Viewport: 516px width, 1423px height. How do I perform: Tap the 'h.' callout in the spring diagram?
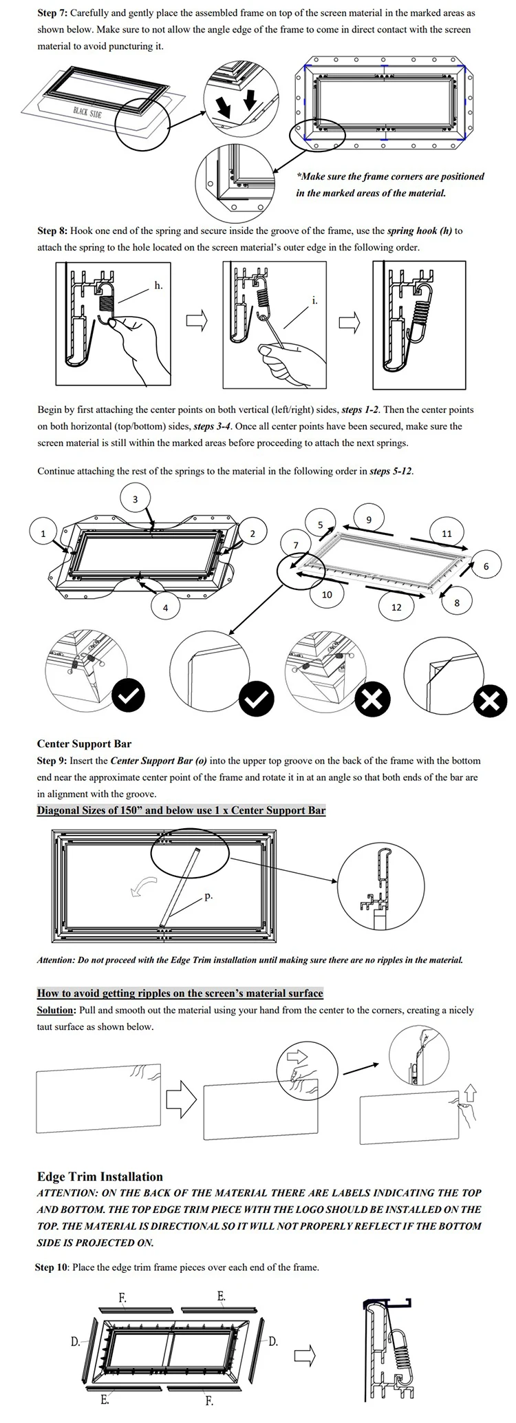158,285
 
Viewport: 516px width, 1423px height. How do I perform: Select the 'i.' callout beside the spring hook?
315,301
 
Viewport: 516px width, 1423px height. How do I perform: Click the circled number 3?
135,499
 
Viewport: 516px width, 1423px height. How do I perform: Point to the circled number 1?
43,533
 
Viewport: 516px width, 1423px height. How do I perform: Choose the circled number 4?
165,607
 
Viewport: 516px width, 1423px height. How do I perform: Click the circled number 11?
447,533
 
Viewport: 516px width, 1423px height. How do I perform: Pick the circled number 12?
396,607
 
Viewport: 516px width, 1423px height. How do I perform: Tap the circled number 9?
369,519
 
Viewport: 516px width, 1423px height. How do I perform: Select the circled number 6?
486,566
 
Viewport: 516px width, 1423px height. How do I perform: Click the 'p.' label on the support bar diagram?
208,896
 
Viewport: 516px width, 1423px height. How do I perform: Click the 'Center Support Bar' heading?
84,744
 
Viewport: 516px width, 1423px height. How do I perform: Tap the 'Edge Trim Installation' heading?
100,1177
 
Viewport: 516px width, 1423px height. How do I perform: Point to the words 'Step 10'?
51,1267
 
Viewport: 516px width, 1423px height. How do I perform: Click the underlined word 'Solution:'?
55,1010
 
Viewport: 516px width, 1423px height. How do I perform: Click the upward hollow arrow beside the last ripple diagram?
471,1092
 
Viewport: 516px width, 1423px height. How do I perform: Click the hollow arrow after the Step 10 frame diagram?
304,1356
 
